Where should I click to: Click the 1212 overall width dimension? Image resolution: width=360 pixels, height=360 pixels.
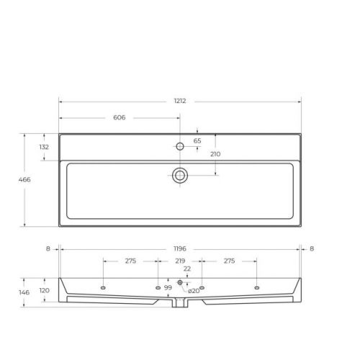180,101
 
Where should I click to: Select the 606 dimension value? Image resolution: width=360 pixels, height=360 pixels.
120,117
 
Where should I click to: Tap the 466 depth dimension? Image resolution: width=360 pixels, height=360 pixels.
24,179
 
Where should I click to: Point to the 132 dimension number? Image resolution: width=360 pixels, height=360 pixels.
44,147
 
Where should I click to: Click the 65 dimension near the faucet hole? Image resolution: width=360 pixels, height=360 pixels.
197,141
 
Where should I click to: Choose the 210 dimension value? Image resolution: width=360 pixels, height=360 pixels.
215,154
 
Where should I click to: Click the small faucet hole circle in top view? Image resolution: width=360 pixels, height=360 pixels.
180,146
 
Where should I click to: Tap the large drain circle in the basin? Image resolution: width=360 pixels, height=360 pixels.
180,176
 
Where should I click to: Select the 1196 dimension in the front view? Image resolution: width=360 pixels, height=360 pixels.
180,248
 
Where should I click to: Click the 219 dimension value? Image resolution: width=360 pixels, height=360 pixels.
180,261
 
